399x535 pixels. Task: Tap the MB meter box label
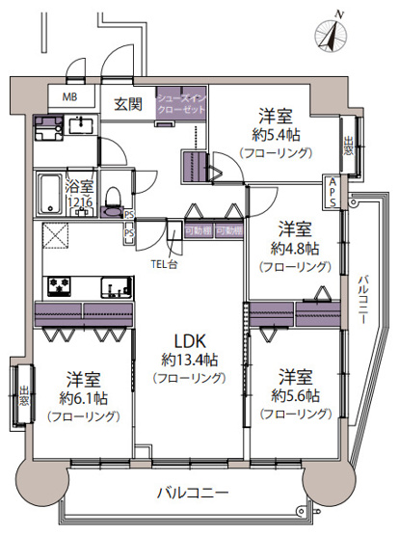pos(70,97)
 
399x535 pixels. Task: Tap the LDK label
pos(188,340)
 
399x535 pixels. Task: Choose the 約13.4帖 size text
pos(188,361)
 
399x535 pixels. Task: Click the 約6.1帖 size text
pos(86,397)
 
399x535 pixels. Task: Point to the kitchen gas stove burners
pos(60,285)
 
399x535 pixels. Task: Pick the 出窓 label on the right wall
pos(348,150)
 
